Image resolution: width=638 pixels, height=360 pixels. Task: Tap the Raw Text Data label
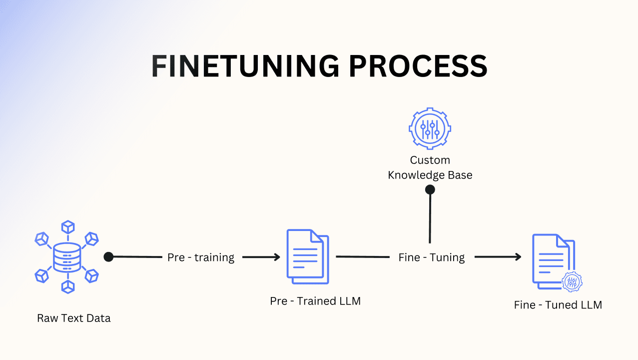[73, 318]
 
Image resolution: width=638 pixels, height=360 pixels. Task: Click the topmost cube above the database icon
[67, 227]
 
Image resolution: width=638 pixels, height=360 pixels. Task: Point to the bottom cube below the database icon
[67, 286]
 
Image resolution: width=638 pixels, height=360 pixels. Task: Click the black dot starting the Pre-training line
[108, 257]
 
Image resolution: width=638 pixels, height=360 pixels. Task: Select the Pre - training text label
[201, 257]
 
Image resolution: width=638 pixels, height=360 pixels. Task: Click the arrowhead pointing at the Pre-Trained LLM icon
[276, 257]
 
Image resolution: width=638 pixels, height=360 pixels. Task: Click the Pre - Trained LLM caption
[315, 301]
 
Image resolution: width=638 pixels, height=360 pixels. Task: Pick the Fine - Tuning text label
[431, 257]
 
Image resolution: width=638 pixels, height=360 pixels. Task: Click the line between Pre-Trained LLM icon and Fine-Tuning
[362, 257]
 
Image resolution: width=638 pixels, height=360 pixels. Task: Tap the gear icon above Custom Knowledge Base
[430, 127]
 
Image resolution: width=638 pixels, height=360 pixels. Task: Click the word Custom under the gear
[430, 160]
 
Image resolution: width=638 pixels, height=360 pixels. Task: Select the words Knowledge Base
[430, 175]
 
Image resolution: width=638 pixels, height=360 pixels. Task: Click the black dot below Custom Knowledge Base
[430, 189]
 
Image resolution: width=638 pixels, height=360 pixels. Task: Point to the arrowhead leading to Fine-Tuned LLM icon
[517, 257]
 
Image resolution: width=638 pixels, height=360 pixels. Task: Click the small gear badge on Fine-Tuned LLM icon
[572, 282]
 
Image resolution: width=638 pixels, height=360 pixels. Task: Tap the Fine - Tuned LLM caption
[558, 304]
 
